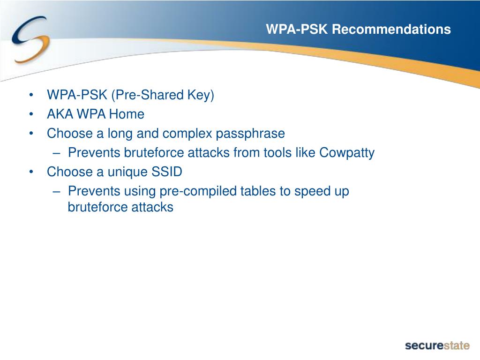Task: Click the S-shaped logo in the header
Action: click(x=30, y=40)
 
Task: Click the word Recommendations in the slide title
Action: click(x=391, y=30)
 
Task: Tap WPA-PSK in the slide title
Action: click(x=297, y=30)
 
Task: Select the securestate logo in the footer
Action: click(x=437, y=345)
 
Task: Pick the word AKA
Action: click(x=60, y=114)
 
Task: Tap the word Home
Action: click(x=127, y=114)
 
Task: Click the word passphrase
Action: click(x=250, y=134)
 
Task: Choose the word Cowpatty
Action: click(x=347, y=153)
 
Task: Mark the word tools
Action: click(x=277, y=153)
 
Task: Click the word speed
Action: click(x=310, y=191)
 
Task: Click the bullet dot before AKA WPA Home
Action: click(x=31, y=114)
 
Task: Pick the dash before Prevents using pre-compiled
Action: click(x=56, y=192)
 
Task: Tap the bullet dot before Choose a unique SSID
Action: click(x=31, y=172)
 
